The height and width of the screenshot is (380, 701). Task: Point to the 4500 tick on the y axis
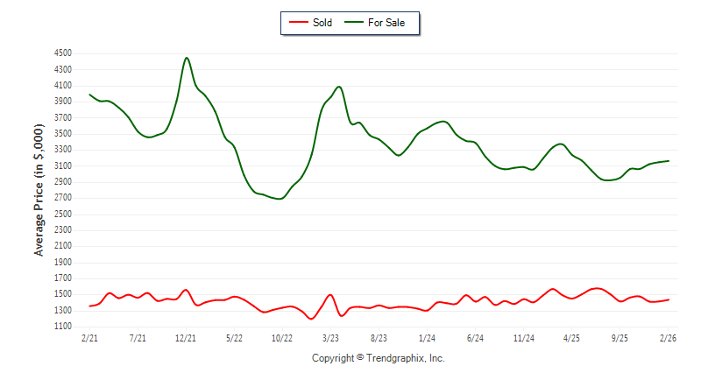pos(61,53)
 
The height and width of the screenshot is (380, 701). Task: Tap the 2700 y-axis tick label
pos(61,198)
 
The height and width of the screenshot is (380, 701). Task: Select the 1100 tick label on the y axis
pos(61,327)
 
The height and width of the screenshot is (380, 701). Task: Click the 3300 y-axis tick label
pos(61,150)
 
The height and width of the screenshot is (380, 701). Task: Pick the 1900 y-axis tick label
pos(61,262)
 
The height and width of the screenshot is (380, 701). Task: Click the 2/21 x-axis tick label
pos(89,337)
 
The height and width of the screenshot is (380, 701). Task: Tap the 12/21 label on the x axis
pos(186,337)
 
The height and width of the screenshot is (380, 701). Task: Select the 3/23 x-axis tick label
pos(330,337)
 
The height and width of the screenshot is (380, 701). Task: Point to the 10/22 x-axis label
pos(282,337)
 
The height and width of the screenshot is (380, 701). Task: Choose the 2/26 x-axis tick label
pos(668,337)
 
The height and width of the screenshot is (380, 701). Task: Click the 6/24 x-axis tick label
pos(475,337)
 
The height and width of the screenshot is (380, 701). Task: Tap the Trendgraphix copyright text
pos(379,358)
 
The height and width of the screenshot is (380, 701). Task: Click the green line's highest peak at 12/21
pos(187,58)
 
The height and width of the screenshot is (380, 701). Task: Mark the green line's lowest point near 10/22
pos(280,199)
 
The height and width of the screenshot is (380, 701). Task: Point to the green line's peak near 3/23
pos(338,87)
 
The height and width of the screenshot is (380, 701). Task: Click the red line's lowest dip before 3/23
pos(311,319)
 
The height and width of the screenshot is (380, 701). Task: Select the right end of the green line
pos(669,161)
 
